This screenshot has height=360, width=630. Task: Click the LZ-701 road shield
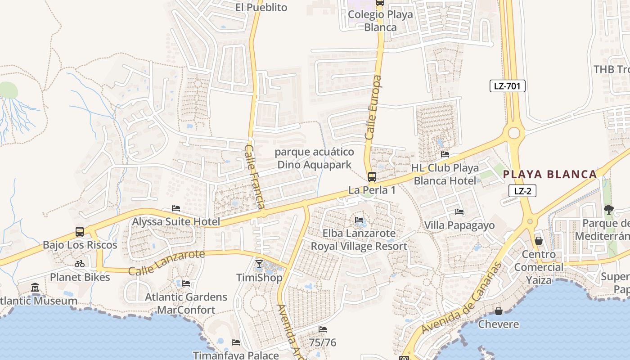508,85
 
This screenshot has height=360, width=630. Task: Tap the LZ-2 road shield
522,191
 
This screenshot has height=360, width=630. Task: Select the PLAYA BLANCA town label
549,174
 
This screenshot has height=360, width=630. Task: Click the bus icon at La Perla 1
372,176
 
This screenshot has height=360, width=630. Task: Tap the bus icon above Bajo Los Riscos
80,232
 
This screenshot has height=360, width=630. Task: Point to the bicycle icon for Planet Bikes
80,264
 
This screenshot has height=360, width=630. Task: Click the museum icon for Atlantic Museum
35,287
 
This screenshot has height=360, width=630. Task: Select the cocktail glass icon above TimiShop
259,264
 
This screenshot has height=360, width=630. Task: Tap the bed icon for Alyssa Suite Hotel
176,208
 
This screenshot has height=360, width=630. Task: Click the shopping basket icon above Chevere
499,311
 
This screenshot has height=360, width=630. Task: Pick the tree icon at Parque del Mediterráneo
609,209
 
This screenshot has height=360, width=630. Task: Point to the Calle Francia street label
255,176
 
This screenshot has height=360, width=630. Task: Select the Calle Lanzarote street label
166,263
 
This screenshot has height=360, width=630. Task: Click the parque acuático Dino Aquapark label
314,158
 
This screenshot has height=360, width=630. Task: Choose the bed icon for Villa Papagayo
459,211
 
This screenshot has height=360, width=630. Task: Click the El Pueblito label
261,7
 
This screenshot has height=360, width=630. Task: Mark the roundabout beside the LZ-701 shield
513,133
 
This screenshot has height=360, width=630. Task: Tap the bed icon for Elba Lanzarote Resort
359,220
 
